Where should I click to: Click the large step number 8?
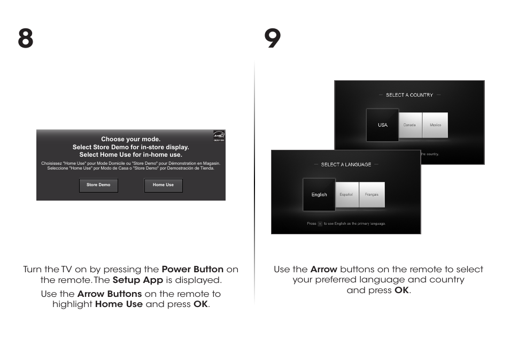[25, 39]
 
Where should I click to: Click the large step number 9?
[273, 39]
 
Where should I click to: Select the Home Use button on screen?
[163, 185]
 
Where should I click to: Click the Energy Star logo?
[219, 135]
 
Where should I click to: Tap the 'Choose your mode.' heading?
[131, 139]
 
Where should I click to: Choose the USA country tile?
[383, 125]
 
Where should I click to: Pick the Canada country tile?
[409, 125]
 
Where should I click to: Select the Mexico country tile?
[435, 125]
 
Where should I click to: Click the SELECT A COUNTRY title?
[409, 95]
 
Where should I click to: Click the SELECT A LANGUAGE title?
[346, 165]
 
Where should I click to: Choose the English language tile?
[319, 195]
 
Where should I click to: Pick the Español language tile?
[346, 195]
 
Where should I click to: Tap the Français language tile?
[372, 195]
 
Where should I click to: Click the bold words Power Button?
[192, 269]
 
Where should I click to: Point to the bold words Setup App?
[138, 280]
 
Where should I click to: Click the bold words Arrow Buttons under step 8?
[110, 294]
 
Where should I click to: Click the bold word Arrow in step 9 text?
[323, 269]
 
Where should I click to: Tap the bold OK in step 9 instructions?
[401, 290]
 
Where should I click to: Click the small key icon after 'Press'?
[320, 224]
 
